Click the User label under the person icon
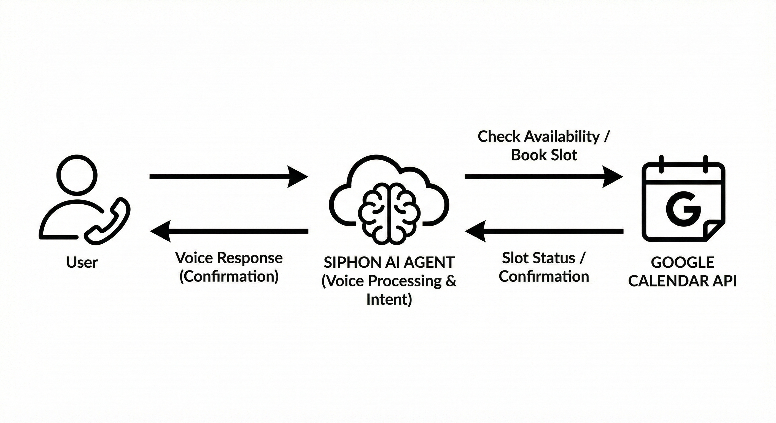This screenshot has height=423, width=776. (x=82, y=262)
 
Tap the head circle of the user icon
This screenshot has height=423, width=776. (x=77, y=173)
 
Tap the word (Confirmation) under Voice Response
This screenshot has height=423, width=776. (x=229, y=276)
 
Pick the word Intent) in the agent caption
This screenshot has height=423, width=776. (x=389, y=299)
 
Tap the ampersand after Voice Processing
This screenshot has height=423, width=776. (x=451, y=281)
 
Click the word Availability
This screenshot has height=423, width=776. (x=562, y=137)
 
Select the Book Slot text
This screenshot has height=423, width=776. (x=544, y=155)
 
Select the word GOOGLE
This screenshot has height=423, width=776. (x=682, y=262)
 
